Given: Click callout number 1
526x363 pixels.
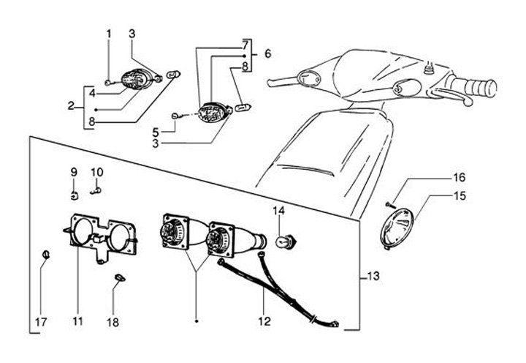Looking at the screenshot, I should pos(109,34).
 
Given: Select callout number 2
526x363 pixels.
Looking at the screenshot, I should pos(72,107).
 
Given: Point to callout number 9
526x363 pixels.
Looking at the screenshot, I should pos(74,172).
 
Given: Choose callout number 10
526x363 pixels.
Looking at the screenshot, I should pos(97,172).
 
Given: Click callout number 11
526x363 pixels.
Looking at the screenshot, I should pos(77,321).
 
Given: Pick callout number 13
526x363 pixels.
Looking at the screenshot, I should pos(373,276).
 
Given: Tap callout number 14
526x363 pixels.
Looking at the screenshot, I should pos(278,212).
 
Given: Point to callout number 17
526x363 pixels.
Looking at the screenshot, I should pos(41,321).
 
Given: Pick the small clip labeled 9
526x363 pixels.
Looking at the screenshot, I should pos(75,195).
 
